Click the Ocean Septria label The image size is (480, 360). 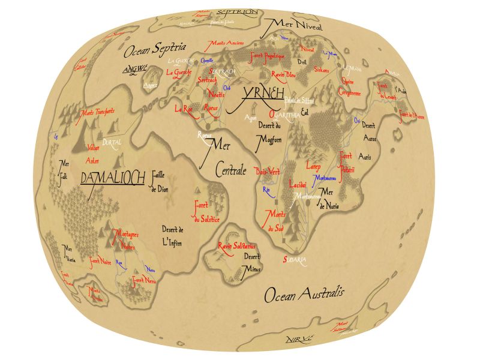pos(155,49)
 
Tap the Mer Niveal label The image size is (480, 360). pos(298,25)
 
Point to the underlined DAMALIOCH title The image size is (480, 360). pos(112,178)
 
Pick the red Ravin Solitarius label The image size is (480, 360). pos(238,246)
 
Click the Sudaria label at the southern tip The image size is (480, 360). pos(295,260)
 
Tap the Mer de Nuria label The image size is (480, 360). pos(329,199)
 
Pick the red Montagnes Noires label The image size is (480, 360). pos(124,239)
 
